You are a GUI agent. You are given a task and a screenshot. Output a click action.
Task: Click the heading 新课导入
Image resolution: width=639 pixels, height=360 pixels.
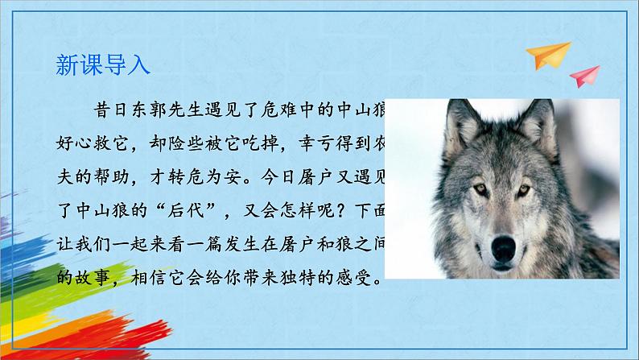(x=103, y=65)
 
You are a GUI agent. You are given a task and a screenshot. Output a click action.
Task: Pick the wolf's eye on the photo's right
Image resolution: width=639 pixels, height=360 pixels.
(x=524, y=191)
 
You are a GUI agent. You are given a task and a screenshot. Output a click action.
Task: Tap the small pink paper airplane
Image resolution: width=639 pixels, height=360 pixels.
(x=584, y=77)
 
